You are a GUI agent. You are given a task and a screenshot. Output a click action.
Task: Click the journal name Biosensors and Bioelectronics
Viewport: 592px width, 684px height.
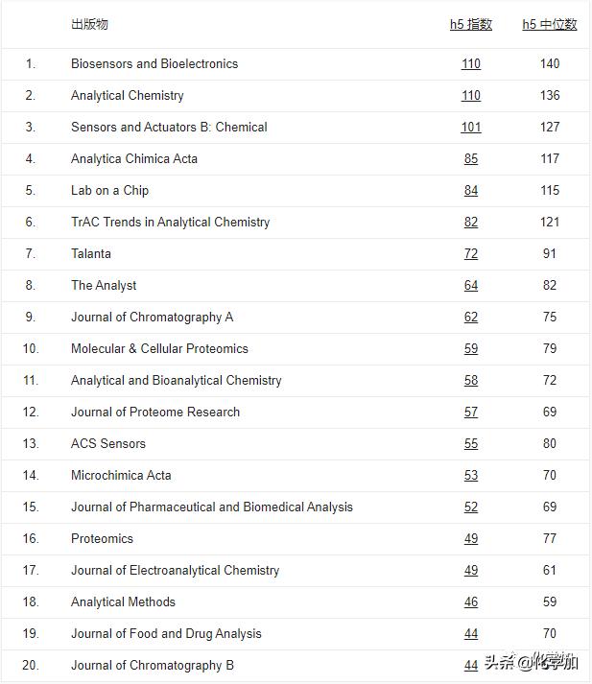click(154, 64)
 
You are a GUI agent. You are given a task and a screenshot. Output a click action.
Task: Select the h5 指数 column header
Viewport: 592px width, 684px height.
click(471, 24)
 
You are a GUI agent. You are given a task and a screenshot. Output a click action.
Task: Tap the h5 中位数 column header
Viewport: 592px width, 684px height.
click(550, 24)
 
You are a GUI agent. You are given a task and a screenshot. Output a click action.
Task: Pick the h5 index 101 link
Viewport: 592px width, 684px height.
click(471, 128)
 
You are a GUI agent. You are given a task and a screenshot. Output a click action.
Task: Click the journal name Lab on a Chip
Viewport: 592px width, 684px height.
click(109, 191)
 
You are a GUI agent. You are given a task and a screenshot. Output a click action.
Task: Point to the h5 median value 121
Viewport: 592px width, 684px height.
click(550, 223)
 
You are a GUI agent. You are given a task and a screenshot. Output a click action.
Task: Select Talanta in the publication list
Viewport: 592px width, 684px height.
click(91, 254)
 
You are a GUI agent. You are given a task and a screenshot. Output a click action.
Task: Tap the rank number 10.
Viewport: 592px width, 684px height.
click(31, 349)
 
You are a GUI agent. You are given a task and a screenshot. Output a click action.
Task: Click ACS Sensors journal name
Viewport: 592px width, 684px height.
click(108, 444)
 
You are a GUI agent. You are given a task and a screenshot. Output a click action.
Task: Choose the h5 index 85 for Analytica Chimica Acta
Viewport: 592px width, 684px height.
click(471, 159)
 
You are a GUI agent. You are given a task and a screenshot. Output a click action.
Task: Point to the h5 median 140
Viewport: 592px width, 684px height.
click(550, 64)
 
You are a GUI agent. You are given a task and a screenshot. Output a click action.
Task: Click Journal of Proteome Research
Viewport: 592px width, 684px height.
click(155, 413)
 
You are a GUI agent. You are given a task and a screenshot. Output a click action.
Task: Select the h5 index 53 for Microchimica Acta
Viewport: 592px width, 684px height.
click(471, 476)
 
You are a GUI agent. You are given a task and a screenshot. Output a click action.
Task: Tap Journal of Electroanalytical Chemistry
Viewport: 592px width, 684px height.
click(175, 571)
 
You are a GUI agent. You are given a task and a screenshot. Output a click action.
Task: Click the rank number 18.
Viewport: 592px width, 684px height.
click(31, 602)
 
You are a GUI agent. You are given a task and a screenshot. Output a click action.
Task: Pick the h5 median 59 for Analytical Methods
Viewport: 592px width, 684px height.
click(550, 602)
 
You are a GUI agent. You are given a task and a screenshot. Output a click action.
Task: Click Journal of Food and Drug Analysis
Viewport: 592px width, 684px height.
click(166, 634)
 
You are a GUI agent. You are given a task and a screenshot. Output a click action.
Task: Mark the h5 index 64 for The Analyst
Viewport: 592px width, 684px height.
click(471, 286)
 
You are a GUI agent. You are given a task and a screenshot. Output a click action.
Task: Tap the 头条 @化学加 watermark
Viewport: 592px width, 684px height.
click(531, 663)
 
